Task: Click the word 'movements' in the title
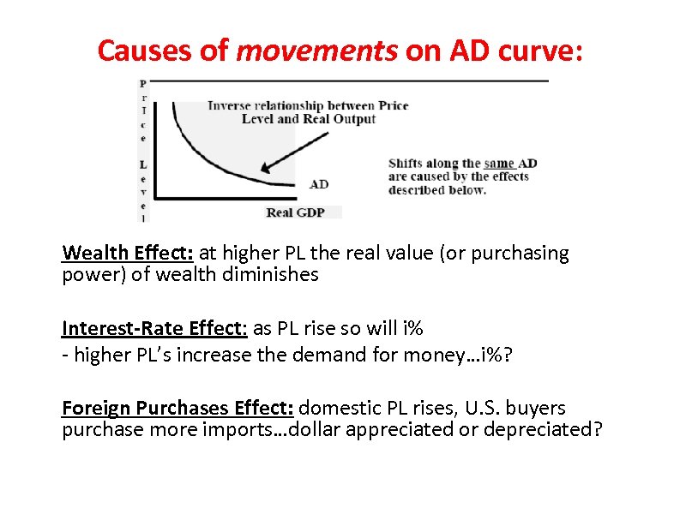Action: point(316,51)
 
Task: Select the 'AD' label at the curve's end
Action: point(318,184)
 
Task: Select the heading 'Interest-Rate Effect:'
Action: point(155,328)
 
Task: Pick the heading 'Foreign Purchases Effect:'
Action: point(178,408)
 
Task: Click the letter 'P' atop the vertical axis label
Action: point(143,83)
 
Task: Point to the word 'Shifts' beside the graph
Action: point(407,164)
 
